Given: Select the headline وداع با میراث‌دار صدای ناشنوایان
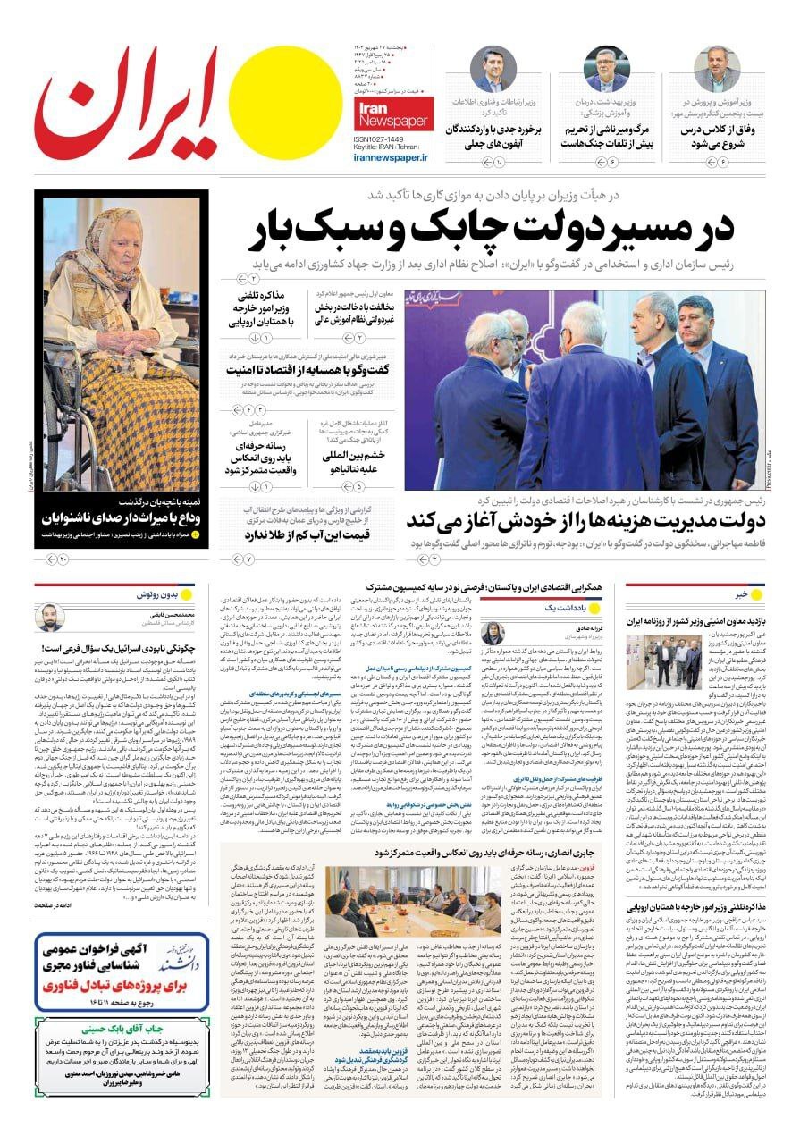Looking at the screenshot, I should click(121, 519).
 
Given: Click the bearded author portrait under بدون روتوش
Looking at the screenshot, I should click(49, 618).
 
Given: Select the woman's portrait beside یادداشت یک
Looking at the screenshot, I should click(493, 632).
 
